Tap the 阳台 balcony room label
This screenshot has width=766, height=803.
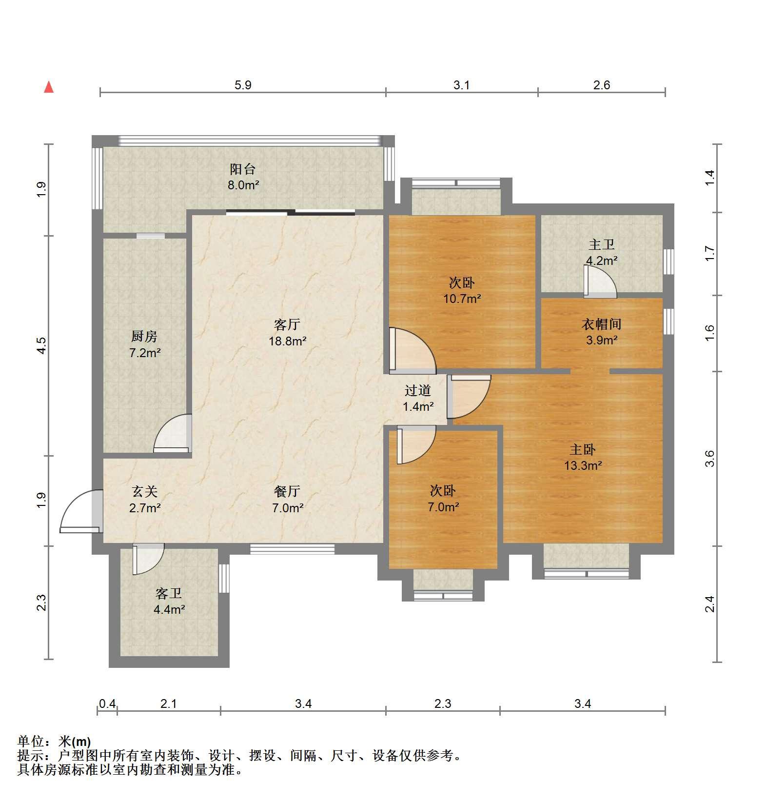tap(243, 169)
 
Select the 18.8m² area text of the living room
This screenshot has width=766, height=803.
tap(288, 341)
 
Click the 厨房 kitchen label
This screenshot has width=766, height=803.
tap(144, 336)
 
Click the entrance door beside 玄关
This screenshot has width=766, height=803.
tap(81, 511)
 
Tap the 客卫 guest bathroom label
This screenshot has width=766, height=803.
tap(169, 593)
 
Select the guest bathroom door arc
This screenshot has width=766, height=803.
tap(148, 559)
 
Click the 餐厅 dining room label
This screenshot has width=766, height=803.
tap(287, 491)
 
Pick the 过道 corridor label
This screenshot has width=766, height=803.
tap(418, 390)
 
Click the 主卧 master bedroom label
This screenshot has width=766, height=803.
tap(583, 449)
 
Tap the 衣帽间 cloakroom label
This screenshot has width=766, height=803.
tap(602, 324)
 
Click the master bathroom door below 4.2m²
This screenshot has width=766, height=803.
tap(601, 281)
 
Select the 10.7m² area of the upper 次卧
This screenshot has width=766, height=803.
tap(462, 298)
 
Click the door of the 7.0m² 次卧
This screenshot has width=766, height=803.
tap(416, 444)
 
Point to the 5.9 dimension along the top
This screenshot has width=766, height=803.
tap(243, 85)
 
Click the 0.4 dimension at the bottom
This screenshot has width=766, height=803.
tap(107, 703)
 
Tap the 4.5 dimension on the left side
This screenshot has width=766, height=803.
tap(42, 345)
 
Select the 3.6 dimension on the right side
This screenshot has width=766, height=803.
tap(709, 459)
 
